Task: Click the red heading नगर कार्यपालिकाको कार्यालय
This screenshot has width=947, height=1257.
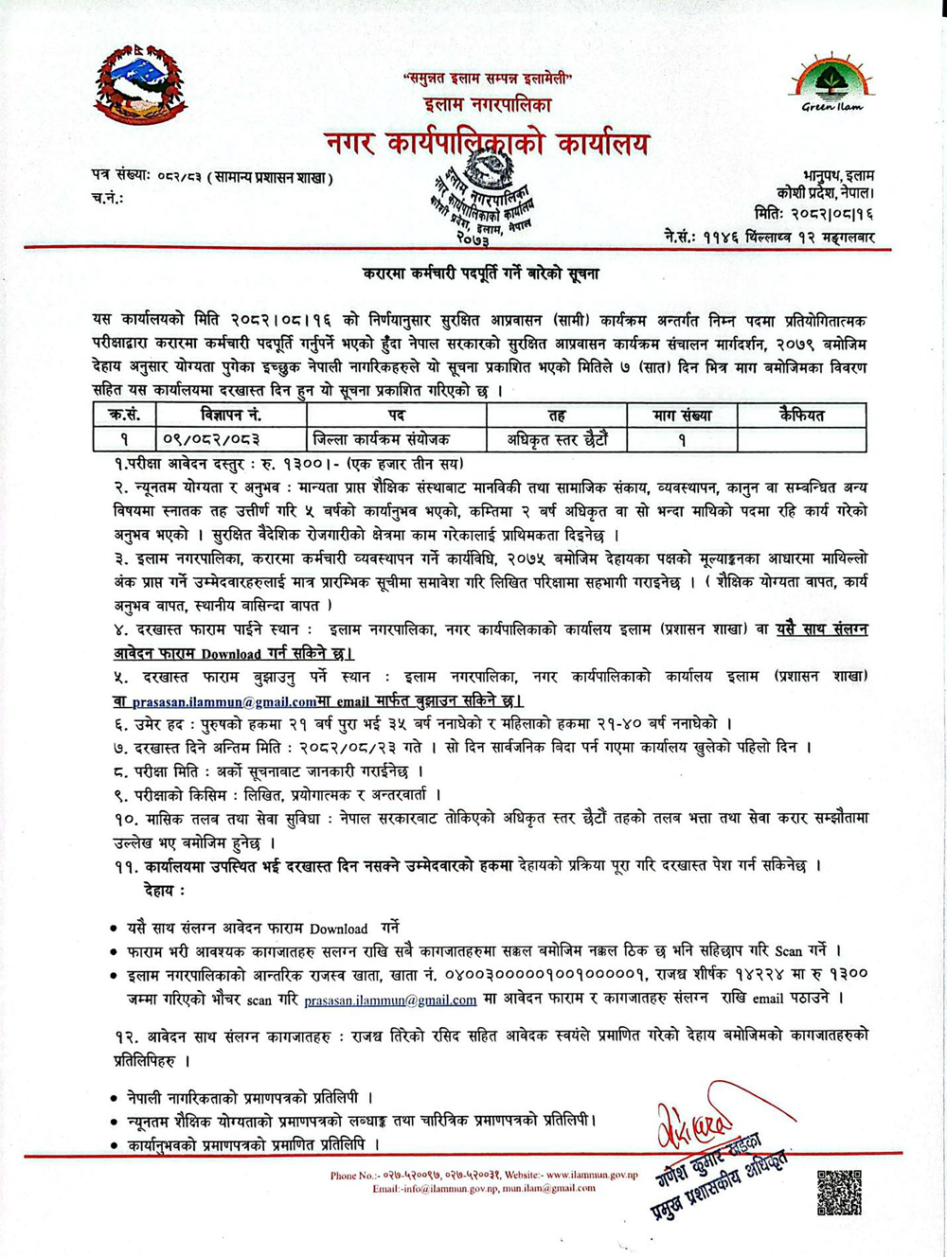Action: click(487, 143)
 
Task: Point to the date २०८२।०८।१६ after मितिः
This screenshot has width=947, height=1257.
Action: click(832, 216)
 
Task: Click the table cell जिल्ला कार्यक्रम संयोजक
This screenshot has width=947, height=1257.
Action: click(381, 439)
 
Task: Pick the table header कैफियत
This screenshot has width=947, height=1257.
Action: click(801, 415)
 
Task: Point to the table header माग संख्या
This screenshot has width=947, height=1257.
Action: click(681, 415)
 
